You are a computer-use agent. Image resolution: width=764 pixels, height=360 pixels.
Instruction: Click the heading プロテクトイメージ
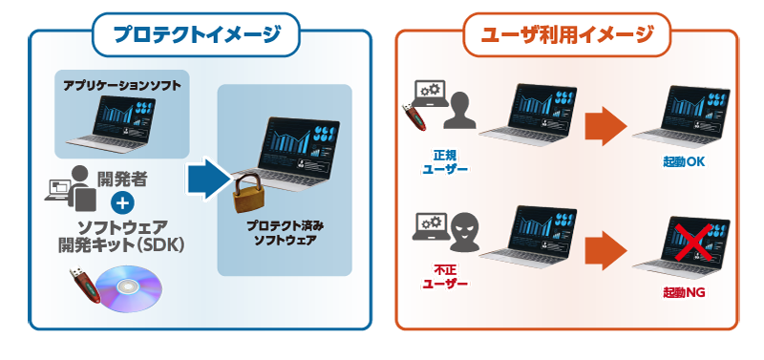pyautogui.click(x=197, y=34)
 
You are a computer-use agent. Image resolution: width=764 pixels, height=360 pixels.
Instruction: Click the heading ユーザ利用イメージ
pyautogui.click(x=566, y=34)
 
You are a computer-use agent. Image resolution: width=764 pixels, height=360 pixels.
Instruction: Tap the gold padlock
pyautogui.click(x=247, y=194)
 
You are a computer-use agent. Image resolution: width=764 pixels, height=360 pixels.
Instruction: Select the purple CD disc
pyautogui.click(x=129, y=288)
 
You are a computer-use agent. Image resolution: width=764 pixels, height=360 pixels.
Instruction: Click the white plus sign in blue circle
pyautogui.click(x=122, y=203)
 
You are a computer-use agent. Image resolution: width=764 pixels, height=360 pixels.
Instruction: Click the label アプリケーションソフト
pyautogui.click(x=122, y=86)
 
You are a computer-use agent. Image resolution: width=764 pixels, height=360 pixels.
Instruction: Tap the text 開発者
pyautogui.click(x=122, y=180)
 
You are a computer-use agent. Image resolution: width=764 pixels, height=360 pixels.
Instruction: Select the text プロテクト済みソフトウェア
pyautogui.click(x=285, y=233)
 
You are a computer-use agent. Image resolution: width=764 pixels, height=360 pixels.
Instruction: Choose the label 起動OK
pyautogui.click(x=684, y=161)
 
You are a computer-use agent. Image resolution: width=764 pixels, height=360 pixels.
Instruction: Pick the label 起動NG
pyautogui.click(x=684, y=292)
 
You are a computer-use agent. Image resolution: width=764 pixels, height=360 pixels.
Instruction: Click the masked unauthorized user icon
pyautogui.click(x=464, y=235)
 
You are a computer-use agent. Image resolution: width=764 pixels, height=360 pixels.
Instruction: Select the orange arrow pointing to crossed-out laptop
pyautogui.click(x=605, y=250)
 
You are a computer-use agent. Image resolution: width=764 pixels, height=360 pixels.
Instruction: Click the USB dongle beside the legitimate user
pyautogui.click(x=414, y=116)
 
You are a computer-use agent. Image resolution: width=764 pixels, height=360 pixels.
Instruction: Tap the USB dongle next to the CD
pyautogui.click(x=85, y=284)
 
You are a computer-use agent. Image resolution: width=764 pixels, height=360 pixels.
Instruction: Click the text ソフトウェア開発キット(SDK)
pyautogui.click(x=121, y=236)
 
